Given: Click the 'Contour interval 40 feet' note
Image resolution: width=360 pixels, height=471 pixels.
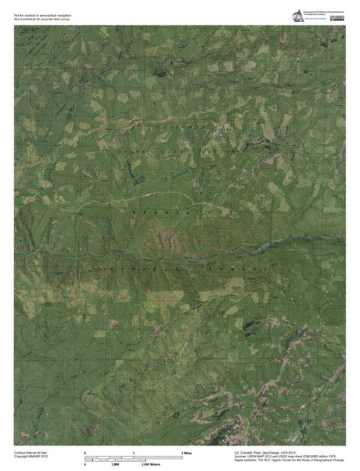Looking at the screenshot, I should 31,453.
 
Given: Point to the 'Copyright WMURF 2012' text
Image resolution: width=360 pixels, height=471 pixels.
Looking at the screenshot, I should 31,457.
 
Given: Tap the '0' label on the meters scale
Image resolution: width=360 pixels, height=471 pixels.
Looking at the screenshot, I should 85,465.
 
